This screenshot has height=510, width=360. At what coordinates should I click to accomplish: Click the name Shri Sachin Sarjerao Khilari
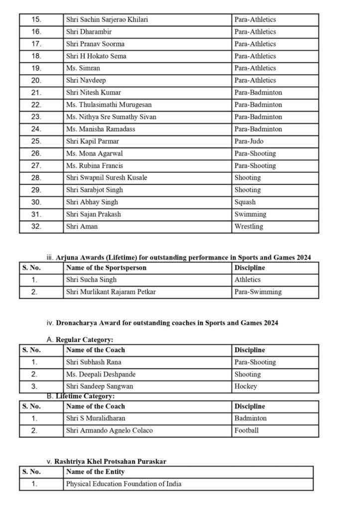107,20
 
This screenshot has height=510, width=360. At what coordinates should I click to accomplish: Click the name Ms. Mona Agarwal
94,153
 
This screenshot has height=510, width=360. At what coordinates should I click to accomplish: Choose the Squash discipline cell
245,202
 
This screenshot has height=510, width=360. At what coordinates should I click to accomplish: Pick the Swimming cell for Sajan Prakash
250,214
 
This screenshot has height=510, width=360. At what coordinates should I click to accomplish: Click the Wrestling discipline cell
249,227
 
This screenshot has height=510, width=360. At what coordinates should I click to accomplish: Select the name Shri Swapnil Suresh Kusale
107,178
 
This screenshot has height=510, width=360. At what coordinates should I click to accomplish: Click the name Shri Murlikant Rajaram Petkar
111,292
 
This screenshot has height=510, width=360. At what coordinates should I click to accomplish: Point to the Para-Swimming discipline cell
258,292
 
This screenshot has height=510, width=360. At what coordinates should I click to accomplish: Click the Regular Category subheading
84,340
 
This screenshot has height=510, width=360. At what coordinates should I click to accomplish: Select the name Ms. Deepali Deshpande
101,375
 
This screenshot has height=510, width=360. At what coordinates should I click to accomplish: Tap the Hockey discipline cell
246,386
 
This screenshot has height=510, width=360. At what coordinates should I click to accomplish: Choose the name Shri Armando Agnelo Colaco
109,431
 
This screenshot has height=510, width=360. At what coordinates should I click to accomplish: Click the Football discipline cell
247,431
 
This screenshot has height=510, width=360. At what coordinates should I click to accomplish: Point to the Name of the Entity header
95,472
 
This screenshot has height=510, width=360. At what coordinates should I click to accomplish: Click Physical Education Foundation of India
123,484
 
